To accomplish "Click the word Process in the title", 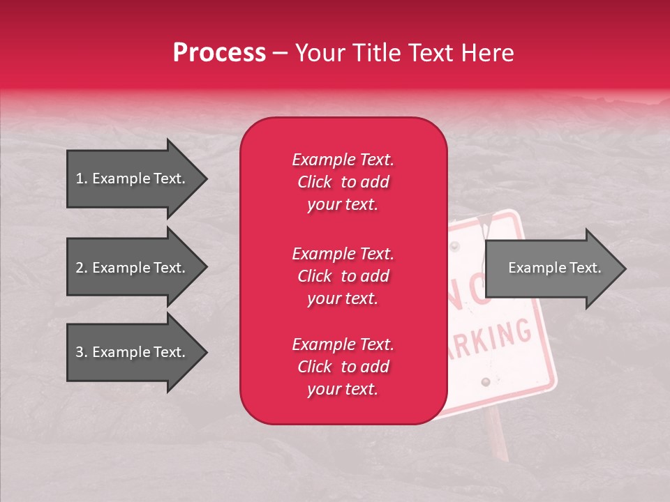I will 219,53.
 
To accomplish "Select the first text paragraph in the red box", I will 343,182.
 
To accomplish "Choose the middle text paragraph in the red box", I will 343,276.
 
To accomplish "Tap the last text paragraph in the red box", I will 343,367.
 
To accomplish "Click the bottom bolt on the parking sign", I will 486,382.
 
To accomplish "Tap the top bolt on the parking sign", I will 456,246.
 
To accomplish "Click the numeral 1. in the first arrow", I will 82,178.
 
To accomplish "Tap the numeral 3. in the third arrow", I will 82,352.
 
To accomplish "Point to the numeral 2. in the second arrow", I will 82,268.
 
